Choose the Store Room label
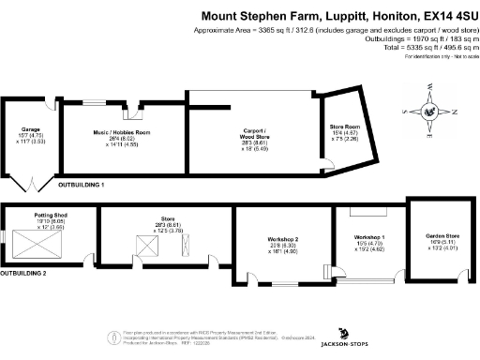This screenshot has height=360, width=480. (x=344, y=126)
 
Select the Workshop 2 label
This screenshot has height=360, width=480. (x=282, y=239)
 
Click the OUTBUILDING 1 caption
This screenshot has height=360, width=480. (x=82, y=186)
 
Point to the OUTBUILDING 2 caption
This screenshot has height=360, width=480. (x=23, y=273)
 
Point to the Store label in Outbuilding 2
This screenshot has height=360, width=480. (x=164, y=219)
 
